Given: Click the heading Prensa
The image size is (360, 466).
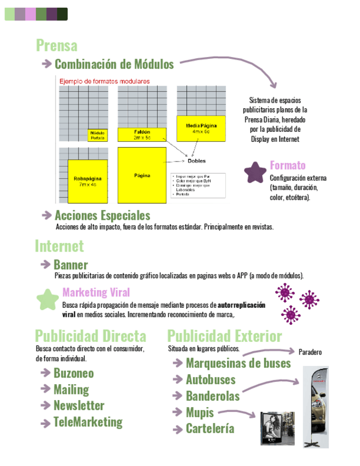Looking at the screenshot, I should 57,45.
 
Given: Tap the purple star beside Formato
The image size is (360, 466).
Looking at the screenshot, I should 255,172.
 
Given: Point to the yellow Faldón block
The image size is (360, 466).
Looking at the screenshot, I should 142,135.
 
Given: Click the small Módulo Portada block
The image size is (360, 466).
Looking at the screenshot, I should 97,135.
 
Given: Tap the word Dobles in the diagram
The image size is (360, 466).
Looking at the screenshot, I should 197,161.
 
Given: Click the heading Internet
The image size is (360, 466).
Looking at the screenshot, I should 59,246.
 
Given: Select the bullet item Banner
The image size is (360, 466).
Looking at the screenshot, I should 70,265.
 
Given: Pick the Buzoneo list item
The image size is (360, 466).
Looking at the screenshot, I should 74,373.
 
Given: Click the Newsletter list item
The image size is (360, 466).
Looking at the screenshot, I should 79,406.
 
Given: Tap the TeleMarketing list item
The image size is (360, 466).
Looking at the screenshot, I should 88,422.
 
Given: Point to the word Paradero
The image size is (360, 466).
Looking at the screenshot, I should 310,352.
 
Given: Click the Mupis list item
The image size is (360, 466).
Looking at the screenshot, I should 200,412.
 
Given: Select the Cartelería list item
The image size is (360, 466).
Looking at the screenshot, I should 210,429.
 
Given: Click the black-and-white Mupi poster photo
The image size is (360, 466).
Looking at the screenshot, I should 277,428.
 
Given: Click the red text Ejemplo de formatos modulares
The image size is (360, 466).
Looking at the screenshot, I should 104,81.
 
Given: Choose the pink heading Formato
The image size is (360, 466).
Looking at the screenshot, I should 287,165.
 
